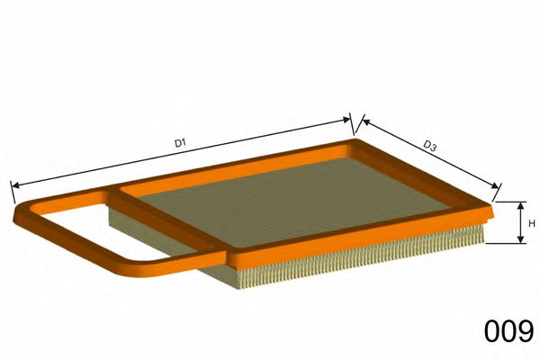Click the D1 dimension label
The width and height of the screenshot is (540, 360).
tap(179, 142)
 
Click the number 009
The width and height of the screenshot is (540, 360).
tap(508, 333)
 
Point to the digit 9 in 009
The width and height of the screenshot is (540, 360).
tap(526, 333)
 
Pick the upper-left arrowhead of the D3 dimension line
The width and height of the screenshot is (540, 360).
tap(363, 118)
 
